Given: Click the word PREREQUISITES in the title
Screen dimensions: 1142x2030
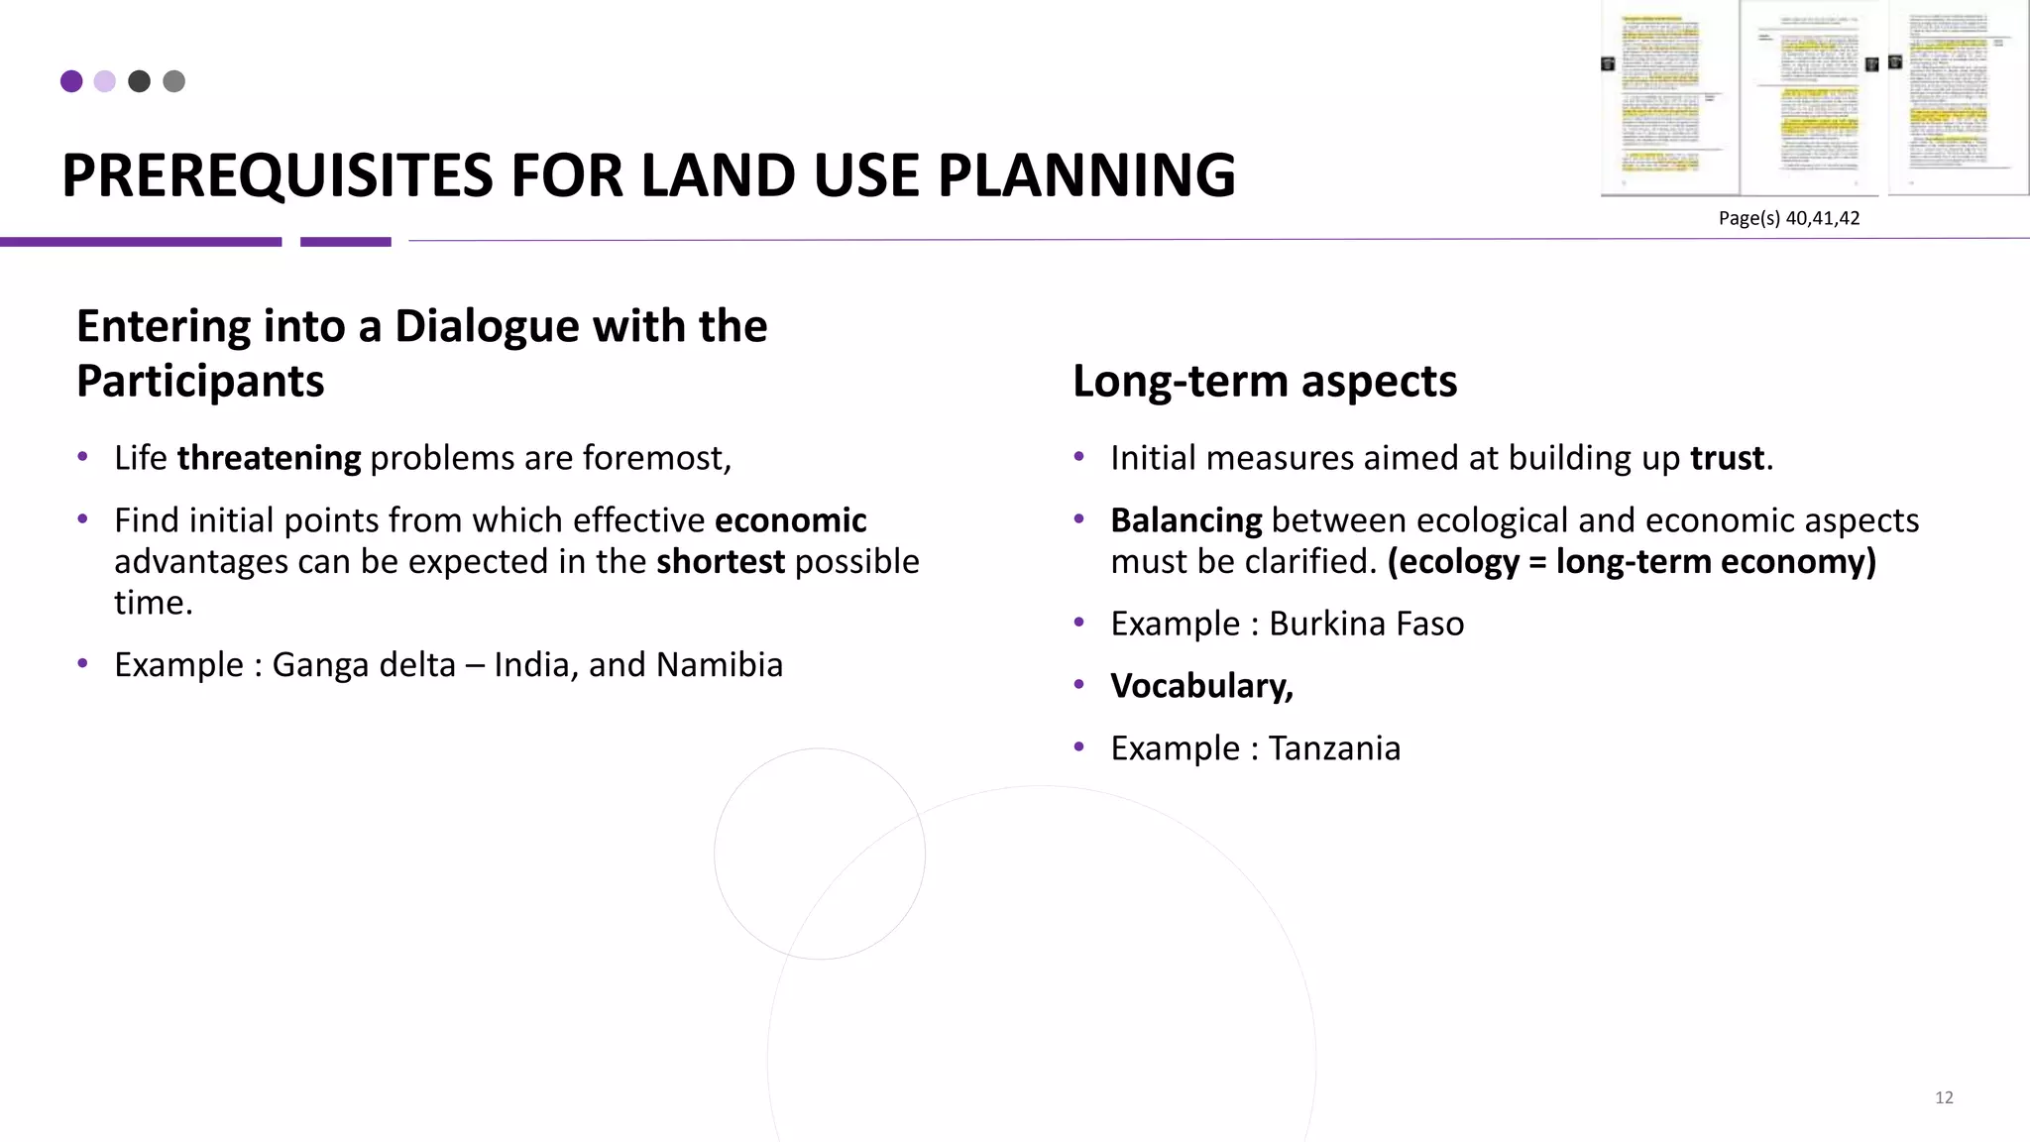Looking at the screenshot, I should [278, 176].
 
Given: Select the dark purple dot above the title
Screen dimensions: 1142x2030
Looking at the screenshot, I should [71, 81].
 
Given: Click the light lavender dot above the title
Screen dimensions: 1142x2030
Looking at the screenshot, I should [105, 81].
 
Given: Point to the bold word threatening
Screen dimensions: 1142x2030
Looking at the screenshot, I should [269, 458].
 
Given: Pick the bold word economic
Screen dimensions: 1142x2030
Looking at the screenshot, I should [790, 520].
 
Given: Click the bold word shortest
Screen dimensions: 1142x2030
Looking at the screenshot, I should [721, 562].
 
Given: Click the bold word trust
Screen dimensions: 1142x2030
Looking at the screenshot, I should [1727, 458].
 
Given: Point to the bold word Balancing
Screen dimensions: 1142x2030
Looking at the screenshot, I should [1185, 520].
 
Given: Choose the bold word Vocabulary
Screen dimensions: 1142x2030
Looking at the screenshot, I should [1200, 686].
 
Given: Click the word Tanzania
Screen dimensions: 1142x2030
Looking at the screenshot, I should [1334, 748].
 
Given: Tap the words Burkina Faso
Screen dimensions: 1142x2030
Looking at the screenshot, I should [1366, 624].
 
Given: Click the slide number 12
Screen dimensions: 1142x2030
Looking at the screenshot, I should [1944, 1097].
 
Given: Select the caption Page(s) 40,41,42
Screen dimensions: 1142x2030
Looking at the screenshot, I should [1789, 218].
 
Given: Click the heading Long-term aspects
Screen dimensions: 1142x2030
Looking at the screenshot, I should [1265, 382].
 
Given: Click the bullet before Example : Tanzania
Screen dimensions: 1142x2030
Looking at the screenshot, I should [1079, 746].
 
